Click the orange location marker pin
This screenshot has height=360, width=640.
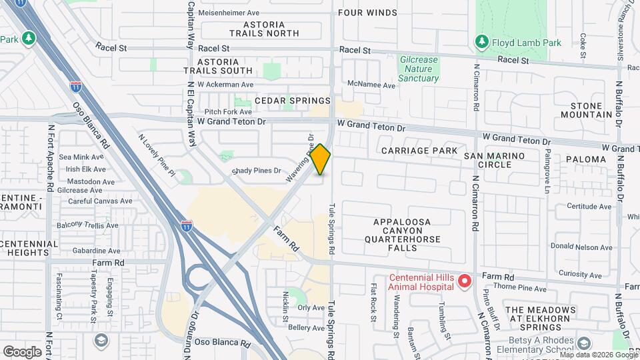point(321,159)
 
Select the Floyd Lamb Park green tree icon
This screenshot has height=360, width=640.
point(481,43)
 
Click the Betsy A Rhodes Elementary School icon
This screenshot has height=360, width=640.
point(585,343)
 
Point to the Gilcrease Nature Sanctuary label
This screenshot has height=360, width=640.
point(419,69)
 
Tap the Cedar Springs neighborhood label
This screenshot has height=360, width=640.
point(293,101)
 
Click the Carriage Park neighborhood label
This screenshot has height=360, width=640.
point(419,151)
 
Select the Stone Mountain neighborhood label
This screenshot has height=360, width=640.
point(586,110)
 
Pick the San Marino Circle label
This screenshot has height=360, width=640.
point(503,160)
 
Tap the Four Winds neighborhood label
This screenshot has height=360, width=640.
point(367,13)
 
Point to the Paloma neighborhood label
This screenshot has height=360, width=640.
point(585,159)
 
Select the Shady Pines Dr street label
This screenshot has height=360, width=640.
point(257,171)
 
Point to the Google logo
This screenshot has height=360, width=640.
point(22,351)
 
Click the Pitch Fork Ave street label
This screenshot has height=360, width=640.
point(228,112)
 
